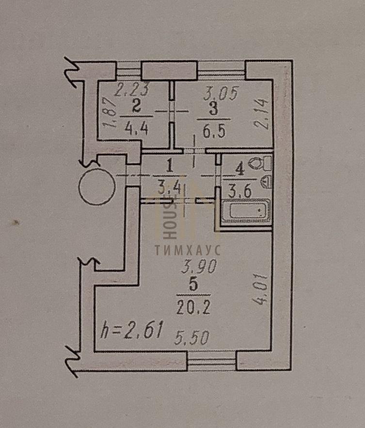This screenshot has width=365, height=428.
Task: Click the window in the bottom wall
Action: click(x=211, y=361)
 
